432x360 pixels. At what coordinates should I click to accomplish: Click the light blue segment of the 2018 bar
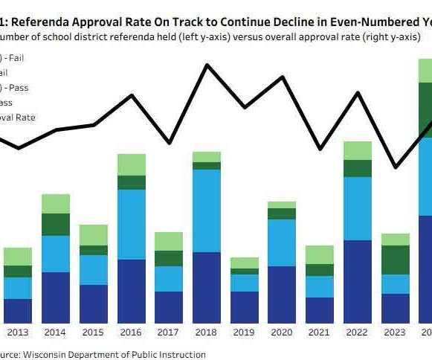(207, 210)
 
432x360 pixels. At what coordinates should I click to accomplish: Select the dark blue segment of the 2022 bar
(358, 281)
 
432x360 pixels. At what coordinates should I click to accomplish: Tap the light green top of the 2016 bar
(132, 164)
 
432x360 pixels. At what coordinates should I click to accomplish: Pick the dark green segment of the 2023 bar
(396, 260)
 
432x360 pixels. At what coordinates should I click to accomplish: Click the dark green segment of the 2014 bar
(56, 225)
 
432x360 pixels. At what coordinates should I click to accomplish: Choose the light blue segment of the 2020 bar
(282, 242)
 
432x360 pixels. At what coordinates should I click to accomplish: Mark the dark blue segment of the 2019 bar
(245, 306)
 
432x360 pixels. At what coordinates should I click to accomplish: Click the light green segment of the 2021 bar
(320, 254)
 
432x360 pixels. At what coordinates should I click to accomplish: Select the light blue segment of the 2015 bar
(94, 269)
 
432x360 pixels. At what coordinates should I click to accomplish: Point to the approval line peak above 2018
(206, 65)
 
